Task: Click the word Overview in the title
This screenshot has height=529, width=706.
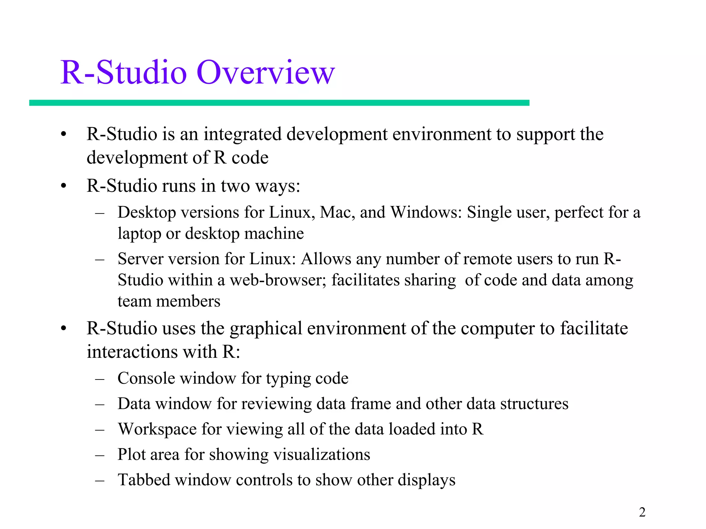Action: pos(265,73)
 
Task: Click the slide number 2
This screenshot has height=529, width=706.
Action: pos(642,512)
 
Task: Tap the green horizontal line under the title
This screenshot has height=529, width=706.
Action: pos(279,103)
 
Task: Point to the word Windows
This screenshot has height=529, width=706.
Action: pos(425,212)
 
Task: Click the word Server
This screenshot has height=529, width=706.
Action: pos(140,259)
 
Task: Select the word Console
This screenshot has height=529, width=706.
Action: pos(146,378)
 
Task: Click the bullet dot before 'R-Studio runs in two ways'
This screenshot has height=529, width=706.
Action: pos(63,186)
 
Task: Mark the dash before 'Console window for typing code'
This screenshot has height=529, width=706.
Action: pos(100,379)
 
